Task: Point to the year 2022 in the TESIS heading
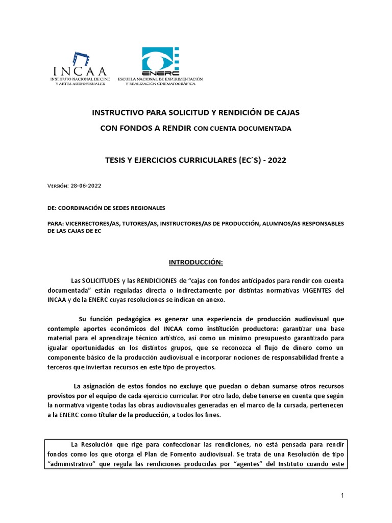(276, 160)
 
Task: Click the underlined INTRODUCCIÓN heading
(196, 262)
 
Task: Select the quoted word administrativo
(75, 464)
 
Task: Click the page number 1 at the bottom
(343, 496)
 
